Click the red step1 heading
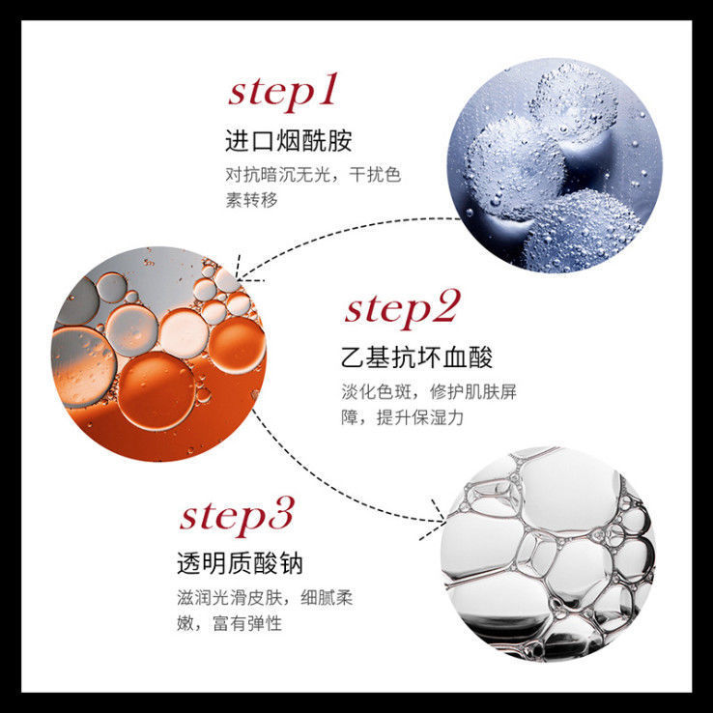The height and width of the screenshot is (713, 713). point(283,93)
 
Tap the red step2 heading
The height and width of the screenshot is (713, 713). point(402,309)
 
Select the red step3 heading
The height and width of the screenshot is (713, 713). point(237,517)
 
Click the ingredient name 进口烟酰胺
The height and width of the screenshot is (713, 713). point(289,140)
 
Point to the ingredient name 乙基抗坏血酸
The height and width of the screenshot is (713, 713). point(417,356)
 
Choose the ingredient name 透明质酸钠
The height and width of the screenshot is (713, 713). point(240,564)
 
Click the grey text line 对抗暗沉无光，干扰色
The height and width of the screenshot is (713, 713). point(313,175)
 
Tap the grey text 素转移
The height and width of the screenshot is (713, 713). point(251,200)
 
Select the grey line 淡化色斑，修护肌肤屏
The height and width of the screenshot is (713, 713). point(429,391)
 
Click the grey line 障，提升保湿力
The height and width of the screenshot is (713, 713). point(402,417)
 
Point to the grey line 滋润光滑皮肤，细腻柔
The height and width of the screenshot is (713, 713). point(265,597)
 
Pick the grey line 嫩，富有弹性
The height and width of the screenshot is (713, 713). point(230,623)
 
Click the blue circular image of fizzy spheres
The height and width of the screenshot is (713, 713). point(556,165)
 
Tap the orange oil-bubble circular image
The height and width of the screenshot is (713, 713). point(158,355)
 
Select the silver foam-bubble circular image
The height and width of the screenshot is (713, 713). point(549,554)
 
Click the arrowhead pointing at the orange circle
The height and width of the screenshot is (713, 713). point(243,274)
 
